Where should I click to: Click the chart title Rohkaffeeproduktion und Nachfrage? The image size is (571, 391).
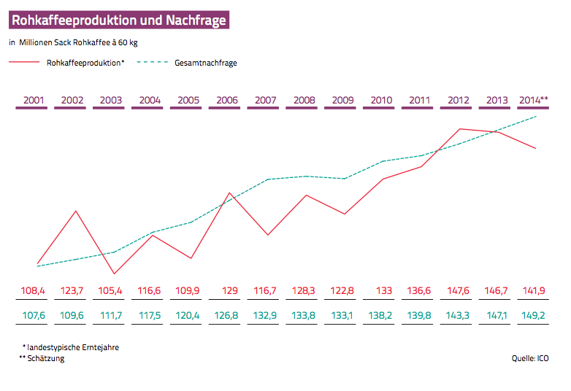[x=119, y=20]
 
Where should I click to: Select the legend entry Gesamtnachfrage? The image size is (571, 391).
[x=205, y=63]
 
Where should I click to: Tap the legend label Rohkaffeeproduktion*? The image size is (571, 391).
[x=85, y=63]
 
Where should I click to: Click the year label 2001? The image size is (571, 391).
[x=33, y=100]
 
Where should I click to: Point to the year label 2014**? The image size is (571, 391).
[x=533, y=100]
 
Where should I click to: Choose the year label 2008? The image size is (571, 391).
[x=304, y=100]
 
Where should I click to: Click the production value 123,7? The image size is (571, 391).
[x=72, y=291]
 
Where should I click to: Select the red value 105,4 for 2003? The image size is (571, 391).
[x=110, y=291]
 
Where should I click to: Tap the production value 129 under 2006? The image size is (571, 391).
[x=229, y=291]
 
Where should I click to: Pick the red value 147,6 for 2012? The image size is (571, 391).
[x=458, y=291]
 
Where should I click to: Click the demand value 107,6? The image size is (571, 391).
[x=33, y=317]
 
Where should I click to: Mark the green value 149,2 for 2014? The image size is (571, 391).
[x=534, y=317]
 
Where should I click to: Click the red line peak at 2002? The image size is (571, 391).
[x=76, y=211]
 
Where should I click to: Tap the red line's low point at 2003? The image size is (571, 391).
[x=114, y=274]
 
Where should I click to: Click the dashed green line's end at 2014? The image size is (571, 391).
[x=537, y=116]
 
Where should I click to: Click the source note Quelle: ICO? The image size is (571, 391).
[x=532, y=359]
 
